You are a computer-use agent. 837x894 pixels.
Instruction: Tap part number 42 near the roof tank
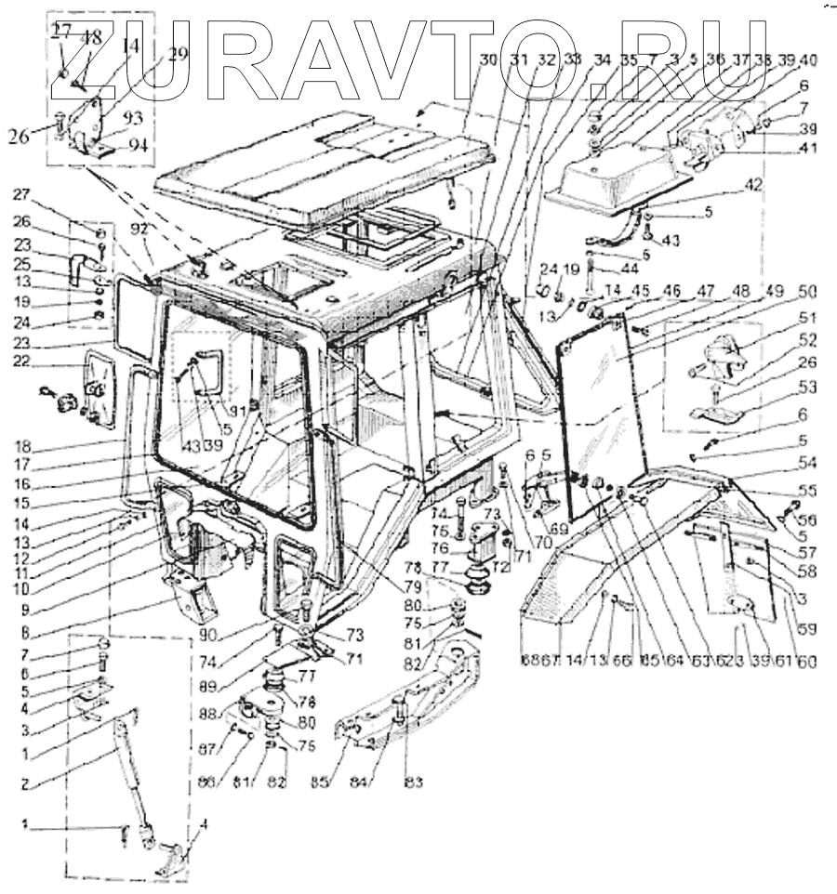click(x=754, y=185)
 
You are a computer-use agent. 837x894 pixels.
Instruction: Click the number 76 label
click(x=463, y=549)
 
